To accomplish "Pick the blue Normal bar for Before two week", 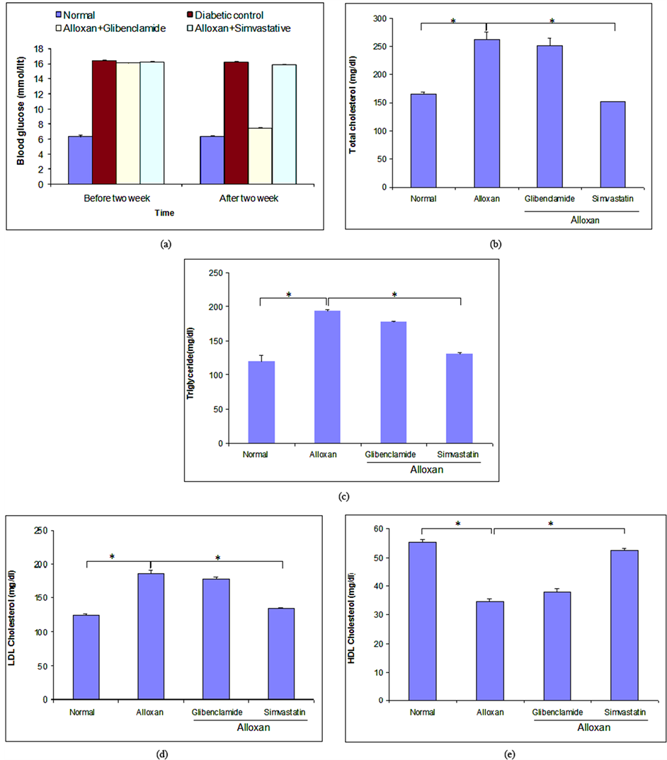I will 80,160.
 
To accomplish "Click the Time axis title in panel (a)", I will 166,212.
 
